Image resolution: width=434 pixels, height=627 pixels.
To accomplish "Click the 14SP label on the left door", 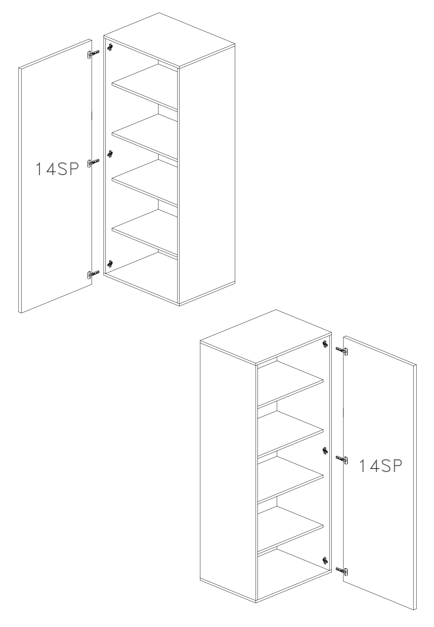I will (57, 169).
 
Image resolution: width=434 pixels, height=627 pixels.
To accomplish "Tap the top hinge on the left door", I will (93, 54).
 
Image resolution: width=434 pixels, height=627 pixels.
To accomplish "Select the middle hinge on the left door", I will (93, 163).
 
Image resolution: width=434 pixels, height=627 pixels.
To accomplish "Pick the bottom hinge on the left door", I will (93, 274).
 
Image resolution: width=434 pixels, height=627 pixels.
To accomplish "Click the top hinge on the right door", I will (342, 351).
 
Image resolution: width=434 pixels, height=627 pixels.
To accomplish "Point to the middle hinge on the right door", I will (342, 459).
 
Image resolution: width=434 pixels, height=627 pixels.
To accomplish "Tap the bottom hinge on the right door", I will (342, 571).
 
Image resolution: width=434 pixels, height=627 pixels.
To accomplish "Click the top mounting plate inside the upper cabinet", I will (110, 47).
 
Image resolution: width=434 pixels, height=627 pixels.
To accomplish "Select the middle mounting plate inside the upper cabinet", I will (110, 154).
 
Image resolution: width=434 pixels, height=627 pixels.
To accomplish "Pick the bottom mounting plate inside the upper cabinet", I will (110, 263).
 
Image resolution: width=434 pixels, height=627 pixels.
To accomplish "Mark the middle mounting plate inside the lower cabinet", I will (325, 451).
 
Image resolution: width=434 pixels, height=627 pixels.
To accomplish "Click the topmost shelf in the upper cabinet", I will (145, 86).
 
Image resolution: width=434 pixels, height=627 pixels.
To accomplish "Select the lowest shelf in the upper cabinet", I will (145, 232).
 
